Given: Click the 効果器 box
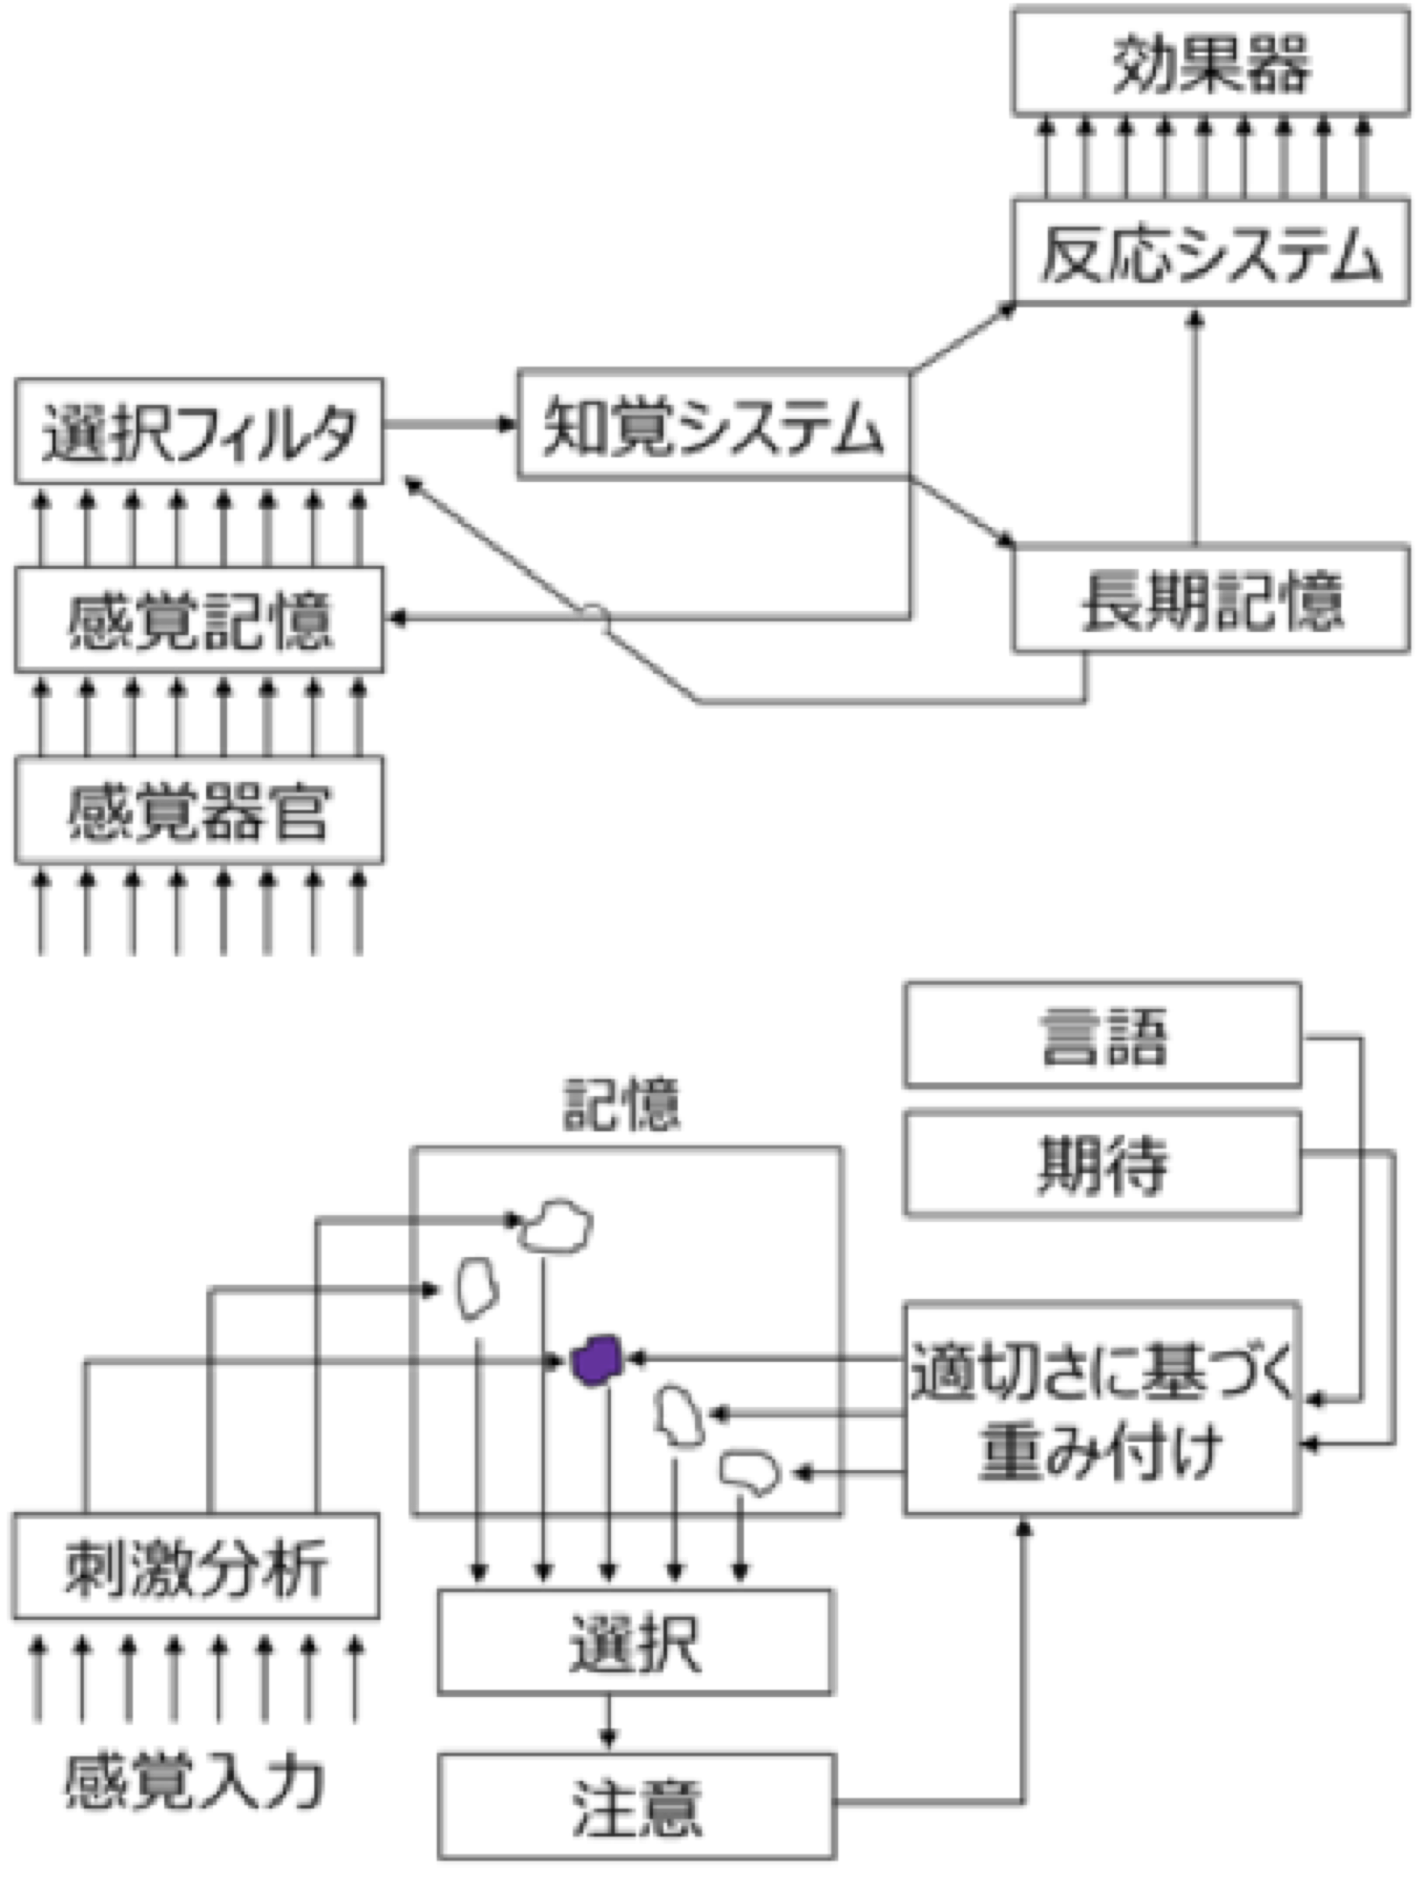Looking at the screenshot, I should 1210,63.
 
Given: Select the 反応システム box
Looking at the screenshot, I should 1210,253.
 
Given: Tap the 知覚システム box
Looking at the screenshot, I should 713,424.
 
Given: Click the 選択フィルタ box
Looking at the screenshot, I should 198,432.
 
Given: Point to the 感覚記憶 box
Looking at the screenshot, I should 198,619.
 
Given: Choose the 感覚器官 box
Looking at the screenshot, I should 198,810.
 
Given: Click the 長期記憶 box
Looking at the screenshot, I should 1210,599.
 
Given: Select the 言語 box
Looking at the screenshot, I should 1102,1035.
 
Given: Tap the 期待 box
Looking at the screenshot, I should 1102,1163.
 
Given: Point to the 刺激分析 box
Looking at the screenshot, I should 194,1567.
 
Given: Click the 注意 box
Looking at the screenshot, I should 635,1806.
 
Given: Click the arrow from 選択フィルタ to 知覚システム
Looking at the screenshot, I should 450,423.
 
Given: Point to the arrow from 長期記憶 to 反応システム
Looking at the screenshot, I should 1195,427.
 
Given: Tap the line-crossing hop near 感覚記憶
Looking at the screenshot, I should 594,613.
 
